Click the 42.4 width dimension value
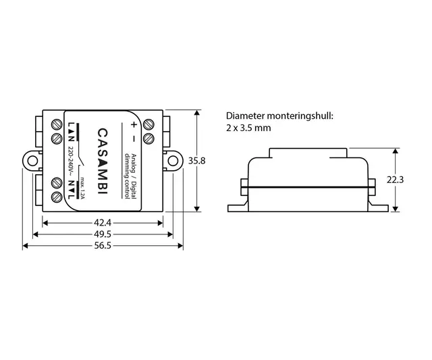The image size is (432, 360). [x=103, y=222]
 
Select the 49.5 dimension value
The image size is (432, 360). [x=103, y=234]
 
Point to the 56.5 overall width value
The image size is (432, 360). [x=103, y=245]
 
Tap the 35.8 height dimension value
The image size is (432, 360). [x=197, y=161]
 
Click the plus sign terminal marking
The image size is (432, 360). [x=133, y=125]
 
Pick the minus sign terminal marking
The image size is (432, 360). [x=133, y=139]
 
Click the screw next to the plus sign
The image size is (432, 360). [x=148, y=125]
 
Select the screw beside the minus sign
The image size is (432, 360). [x=148, y=139]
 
